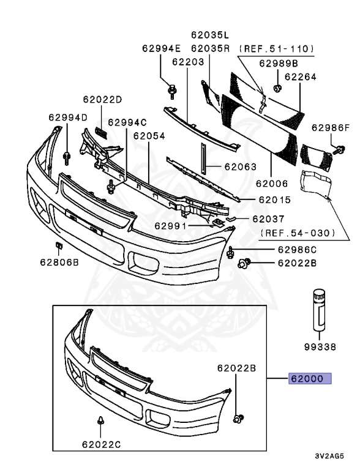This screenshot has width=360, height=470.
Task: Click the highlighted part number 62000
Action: tap(310, 379)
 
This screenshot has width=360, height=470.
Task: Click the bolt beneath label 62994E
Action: tap(171, 92)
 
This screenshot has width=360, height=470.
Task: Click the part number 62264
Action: tap(300, 77)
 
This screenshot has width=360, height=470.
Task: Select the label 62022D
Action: tap(103, 99)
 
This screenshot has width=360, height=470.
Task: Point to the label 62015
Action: tap(274, 200)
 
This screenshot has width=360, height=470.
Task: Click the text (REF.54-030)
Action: tap(298, 233)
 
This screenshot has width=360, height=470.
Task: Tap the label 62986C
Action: tap(297, 250)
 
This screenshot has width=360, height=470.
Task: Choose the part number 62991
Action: tap(172, 225)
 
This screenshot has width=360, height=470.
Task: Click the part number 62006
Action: tap(271, 182)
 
